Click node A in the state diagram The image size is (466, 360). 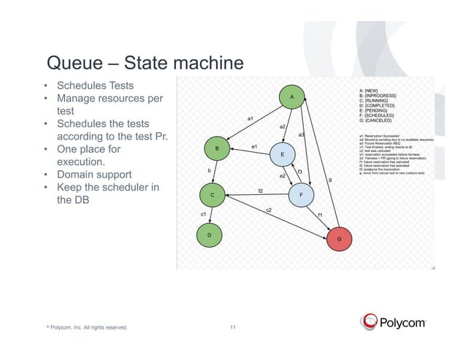pyautogui.click(x=291, y=97)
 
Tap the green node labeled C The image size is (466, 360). pyautogui.click(x=212, y=195)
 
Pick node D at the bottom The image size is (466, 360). pyautogui.click(x=209, y=235)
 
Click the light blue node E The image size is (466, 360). pyautogui.click(x=282, y=155)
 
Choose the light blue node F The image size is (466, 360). pyautogui.click(x=301, y=195)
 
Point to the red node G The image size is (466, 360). pyautogui.click(x=338, y=239)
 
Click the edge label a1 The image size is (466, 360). pyautogui.click(x=251, y=118)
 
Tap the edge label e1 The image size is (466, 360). pyautogui.click(x=255, y=147)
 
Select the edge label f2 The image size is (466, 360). pyautogui.click(x=260, y=191)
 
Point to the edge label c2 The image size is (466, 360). pyautogui.click(x=269, y=210)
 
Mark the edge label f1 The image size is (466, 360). pyautogui.click(x=319, y=215)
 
